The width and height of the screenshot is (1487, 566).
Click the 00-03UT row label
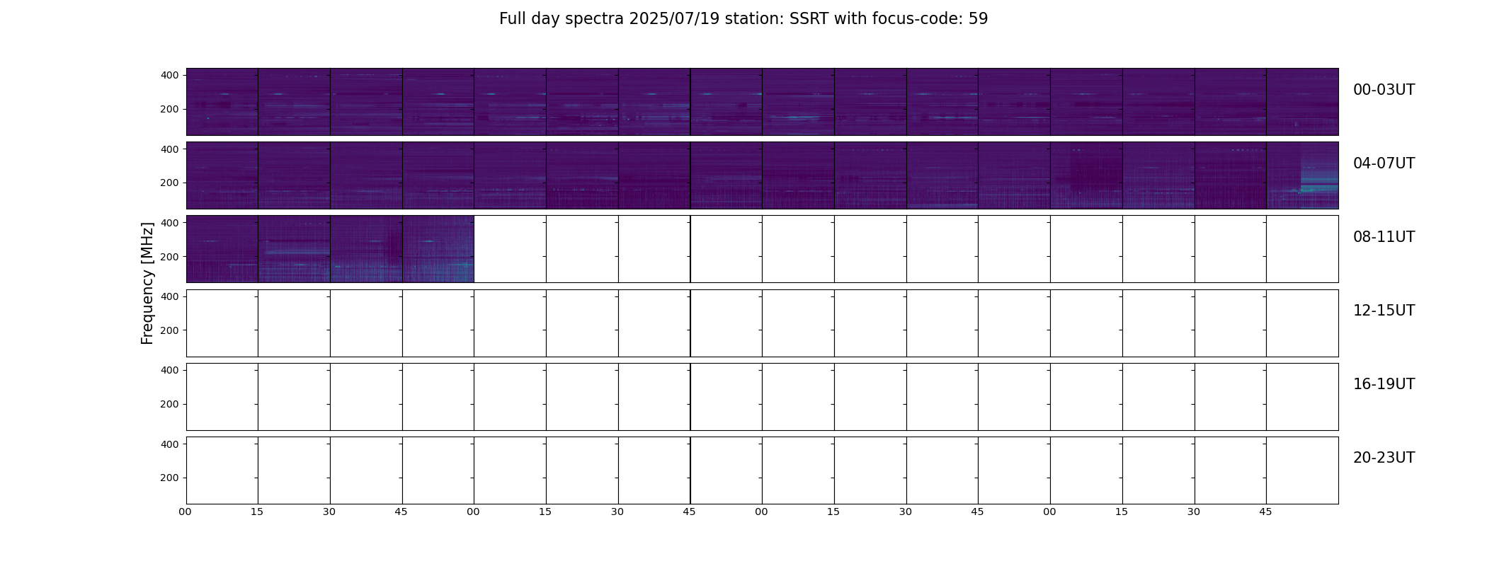pyautogui.click(x=1384, y=90)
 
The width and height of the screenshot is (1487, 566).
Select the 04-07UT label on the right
pyautogui.click(x=1384, y=163)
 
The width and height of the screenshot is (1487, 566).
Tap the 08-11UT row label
pyautogui.click(x=1384, y=237)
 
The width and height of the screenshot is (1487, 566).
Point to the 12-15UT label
pyautogui.click(x=1384, y=311)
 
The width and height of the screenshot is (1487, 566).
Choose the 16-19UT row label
pyautogui.click(x=1384, y=384)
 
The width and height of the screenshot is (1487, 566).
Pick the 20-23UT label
pyautogui.click(x=1384, y=458)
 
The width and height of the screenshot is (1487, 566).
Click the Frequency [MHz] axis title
pyautogui.click(x=147, y=284)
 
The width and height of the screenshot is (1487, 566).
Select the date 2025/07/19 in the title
pyautogui.click(x=674, y=19)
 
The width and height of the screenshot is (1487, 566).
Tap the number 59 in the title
pyautogui.click(x=978, y=19)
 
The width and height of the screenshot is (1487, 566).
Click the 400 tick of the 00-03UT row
pyautogui.click(x=170, y=75)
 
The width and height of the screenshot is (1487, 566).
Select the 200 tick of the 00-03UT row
pyautogui.click(x=170, y=109)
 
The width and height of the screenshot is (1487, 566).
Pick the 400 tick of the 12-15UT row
pyautogui.click(x=170, y=296)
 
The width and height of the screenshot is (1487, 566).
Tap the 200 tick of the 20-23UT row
pyautogui.click(x=170, y=478)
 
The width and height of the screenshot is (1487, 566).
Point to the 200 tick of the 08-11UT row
pyautogui.click(x=170, y=256)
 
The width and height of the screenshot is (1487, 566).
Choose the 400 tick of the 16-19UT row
pyautogui.click(x=170, y=370)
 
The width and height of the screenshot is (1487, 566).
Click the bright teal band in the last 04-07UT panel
pyautogui.click(x=1319, y=189)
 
